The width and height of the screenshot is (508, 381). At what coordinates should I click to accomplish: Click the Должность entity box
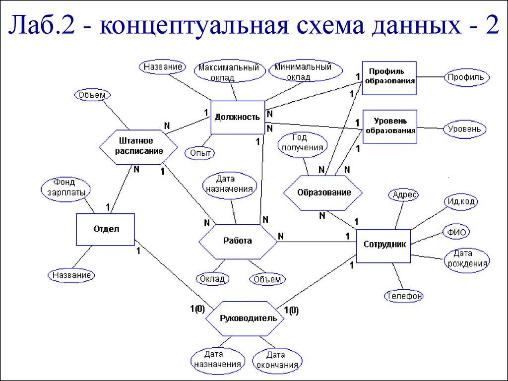point(237,118)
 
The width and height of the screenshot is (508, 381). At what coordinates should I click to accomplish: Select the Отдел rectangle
point(106,229)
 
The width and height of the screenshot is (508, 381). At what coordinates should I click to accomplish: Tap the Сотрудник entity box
point(384,245)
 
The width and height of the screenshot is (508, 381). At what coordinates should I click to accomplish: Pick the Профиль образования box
point(389,78)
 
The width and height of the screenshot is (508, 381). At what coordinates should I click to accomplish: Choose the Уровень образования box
point(389,126)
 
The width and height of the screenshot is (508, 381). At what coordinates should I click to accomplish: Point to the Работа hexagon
point(237,241)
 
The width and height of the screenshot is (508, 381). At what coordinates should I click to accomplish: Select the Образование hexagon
point(323,192)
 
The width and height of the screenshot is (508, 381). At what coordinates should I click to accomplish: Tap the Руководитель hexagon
point(245,318)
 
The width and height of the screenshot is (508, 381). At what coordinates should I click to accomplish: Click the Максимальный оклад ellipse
point(228,72)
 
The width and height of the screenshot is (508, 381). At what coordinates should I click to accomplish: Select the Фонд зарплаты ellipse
point(66,188)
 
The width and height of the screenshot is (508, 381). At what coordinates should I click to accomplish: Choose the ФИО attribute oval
point(455,232)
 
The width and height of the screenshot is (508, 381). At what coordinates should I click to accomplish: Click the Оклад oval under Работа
point(212,279)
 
